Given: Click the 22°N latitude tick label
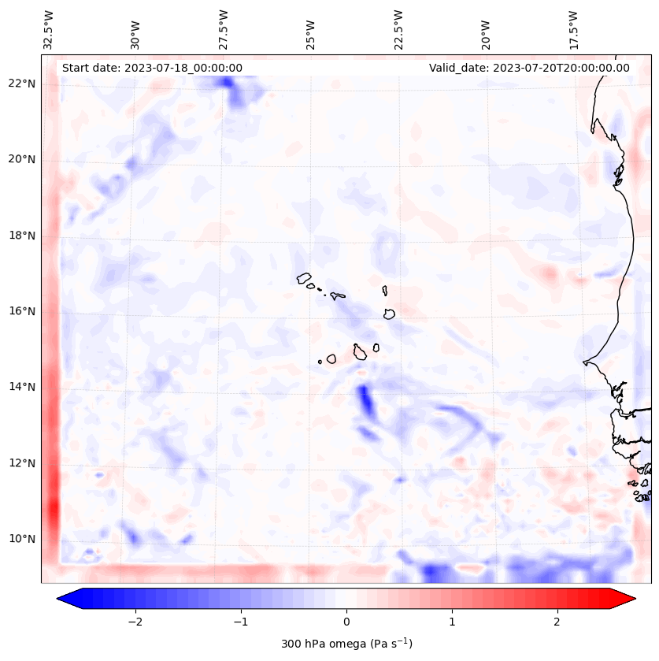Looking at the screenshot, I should pyautogui.click(x=22, y=84).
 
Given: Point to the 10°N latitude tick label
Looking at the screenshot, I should pyautogui.click(x=22, y=539).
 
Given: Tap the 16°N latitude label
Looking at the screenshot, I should pyautogui.click(x=22, y=311).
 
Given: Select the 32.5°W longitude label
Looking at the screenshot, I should pyautogui.click(x=49, y=30).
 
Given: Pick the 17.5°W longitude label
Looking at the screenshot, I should pyautogui.click(x=572, y=30).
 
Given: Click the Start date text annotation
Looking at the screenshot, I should pyautogui.click(x=152, y=68).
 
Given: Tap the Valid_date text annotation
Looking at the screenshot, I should pyautogui.click(x=529, y=68).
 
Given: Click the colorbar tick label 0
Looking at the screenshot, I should pyautogui.click(x=346, y=622).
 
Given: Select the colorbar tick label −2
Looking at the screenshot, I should pyautogui.click(x=135, y=622).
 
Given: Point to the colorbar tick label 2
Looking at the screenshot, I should pyautogui.click(x=557, y=622).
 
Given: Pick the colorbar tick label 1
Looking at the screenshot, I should pyautogui.click(x=452, y=622).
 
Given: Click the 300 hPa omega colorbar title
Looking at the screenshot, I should pyautogui.click(x=346, y=643).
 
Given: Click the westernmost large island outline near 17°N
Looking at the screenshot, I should pyautogui.click(x=304, y=277).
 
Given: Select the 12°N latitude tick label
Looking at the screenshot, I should pyautogui.click(x=22, y=463).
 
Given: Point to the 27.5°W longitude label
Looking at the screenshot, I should pyautogui.click(x=224, y=30).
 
